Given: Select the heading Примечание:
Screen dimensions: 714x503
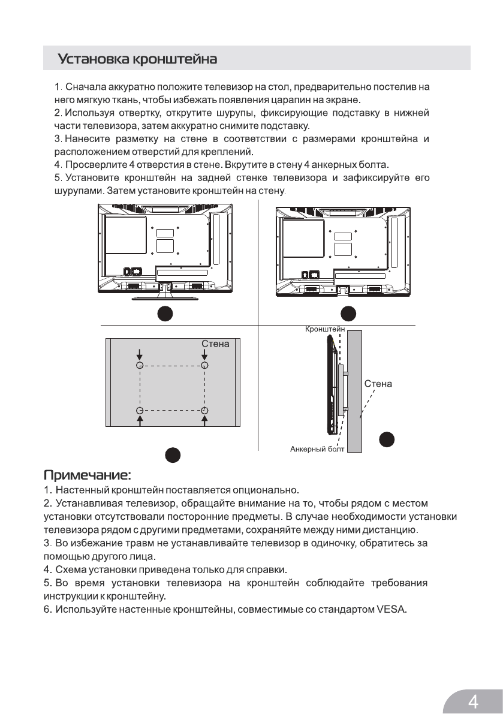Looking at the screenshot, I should point(88,477).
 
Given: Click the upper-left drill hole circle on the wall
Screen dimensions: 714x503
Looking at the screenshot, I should point(139,365).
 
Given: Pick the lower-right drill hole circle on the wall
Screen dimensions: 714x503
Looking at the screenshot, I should point(204,410).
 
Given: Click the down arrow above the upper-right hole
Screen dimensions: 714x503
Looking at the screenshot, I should point(204,354).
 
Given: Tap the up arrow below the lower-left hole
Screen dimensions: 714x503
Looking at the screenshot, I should point(139,421).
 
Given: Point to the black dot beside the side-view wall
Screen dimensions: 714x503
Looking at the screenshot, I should point(387,439).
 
